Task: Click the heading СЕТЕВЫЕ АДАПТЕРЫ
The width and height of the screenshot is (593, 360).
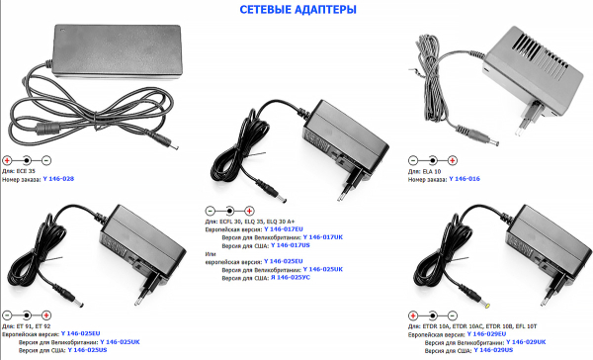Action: coord(296,11)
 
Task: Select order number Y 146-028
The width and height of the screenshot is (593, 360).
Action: coord(59,180)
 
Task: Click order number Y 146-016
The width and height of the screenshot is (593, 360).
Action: coord(465,180)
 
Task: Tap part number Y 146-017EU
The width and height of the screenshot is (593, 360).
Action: coord(285,229)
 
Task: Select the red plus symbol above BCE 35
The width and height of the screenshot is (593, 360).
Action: coord(9,160)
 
